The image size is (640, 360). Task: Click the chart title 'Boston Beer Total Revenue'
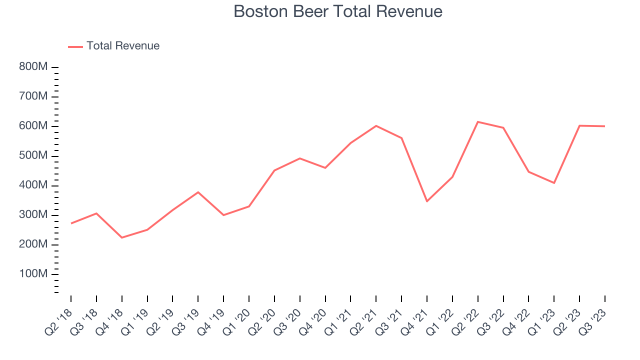pos(338,11)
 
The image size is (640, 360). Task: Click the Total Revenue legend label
pos(122,46)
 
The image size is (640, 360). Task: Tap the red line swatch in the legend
pos(75,46)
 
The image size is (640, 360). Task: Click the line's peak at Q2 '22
pos(478,122)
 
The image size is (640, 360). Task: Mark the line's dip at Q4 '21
pos(427,201)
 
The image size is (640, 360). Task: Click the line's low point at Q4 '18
pos(122,237)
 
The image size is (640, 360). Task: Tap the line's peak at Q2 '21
pos(376,126)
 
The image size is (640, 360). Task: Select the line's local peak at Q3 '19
pos(198,192)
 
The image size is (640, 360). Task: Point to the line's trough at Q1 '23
pos(554,183)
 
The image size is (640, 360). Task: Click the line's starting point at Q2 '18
pos(71,223)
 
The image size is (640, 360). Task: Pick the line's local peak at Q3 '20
pos(300,158)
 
